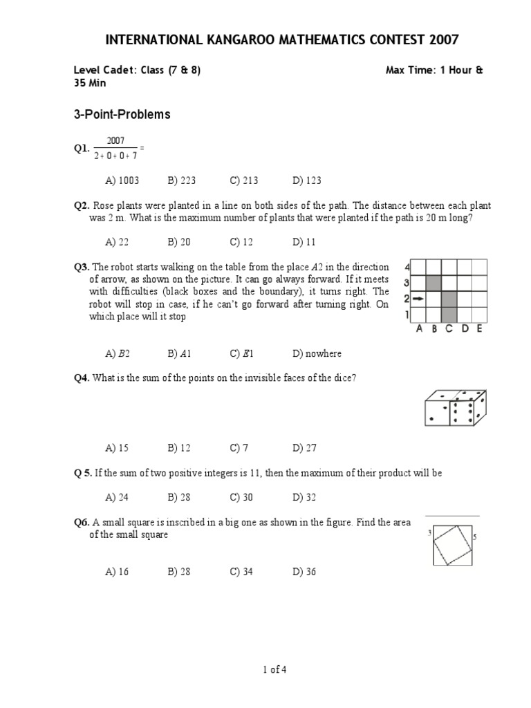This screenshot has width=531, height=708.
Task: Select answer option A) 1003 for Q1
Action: tap(122, 180)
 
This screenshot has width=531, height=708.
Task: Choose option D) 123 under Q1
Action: tap(307, 180)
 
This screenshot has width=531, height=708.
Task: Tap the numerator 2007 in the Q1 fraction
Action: tap(115, 141)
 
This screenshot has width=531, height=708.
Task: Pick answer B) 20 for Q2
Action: tap(181, 242)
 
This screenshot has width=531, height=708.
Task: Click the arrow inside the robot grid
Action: tap(418, 299)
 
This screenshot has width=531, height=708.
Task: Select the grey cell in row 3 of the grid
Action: tap(434, 283)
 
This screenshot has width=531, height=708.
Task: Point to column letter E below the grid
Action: tap(479, 329)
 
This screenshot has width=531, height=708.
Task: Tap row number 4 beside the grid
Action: tap(407, 267)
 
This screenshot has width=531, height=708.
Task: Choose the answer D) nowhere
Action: tap(317, 353)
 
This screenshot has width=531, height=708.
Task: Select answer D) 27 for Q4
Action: tap(304, 448)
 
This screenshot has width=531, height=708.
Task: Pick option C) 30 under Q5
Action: tap(244, 497)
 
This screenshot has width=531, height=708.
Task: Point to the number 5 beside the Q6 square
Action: tap(476, 537)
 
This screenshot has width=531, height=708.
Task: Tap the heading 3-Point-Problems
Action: tap(122, 115)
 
